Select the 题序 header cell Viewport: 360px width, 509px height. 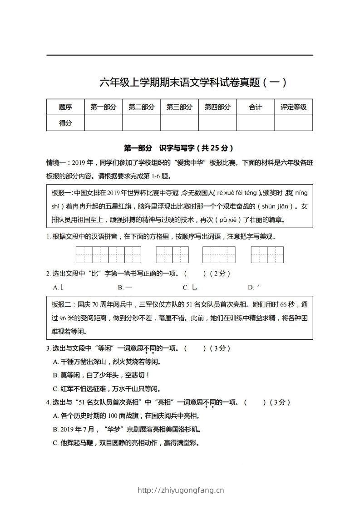pos(65,107)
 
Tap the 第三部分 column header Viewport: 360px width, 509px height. pos(179,107)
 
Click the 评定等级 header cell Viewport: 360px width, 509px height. pos(293,107)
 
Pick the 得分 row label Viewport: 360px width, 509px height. pos(65,123)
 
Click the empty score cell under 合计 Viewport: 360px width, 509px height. pos(256,123)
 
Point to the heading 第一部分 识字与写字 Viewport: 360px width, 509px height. pos(179,148)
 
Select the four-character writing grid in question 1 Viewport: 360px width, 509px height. pos(108,254)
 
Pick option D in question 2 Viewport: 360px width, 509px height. pos(253,287)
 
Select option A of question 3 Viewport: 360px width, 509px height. pos(107,362)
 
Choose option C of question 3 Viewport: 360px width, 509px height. pos(107,388)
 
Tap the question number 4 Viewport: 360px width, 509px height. pos(48,402)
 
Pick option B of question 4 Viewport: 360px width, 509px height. pos(127,429)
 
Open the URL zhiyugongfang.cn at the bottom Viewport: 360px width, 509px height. pos(180,490)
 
